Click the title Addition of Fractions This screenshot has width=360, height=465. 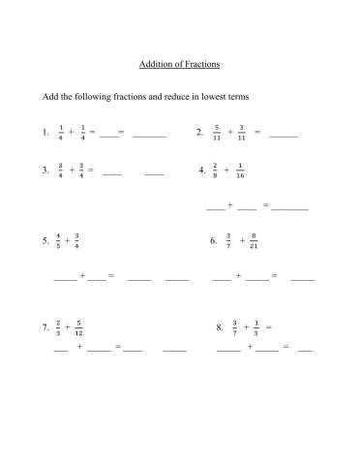(x=180, y=65)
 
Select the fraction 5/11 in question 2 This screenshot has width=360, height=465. (x=218, y=133)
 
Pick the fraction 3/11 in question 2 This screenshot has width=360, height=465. (x=242, y=133)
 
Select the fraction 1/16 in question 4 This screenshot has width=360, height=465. (x=239, y=170)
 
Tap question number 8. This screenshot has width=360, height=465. (x=220, y=327)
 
